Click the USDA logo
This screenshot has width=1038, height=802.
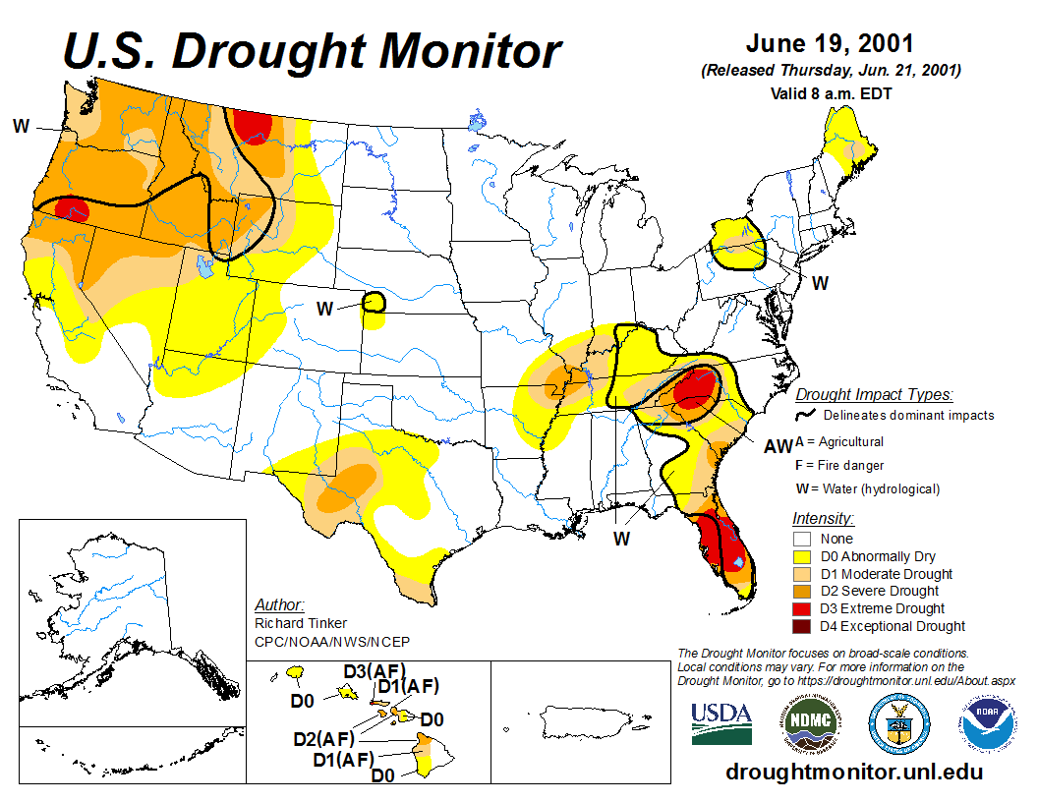pos(721,723)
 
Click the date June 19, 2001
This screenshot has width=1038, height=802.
pos(830,44)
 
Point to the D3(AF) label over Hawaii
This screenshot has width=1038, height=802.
pos(374,671)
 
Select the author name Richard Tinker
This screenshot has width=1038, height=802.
pos(300,623)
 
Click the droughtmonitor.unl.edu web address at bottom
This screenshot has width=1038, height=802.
pos(854,772)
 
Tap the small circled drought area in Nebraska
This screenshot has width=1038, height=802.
pos(374,302)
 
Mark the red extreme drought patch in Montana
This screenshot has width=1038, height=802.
pos(253,126)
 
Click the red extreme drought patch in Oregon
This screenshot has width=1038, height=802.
pos(71,208)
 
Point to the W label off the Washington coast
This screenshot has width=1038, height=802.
pos(20,125)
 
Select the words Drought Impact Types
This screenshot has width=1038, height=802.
pos(873,395)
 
